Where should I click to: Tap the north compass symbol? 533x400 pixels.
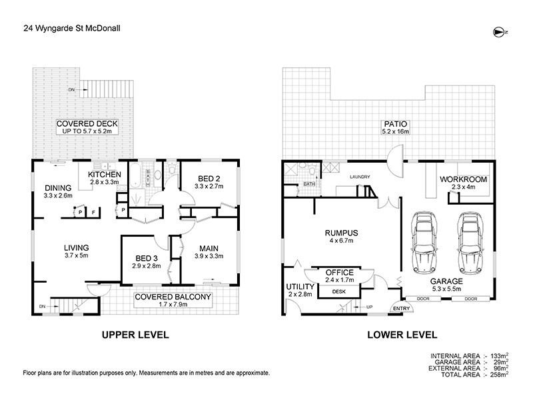coord(499,31)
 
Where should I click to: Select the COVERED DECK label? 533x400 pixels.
coord(83,124)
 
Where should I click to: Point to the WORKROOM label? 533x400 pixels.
coord(464,179)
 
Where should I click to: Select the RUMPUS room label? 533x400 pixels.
coord(342,233)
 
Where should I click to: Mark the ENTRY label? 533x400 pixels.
coord(401,309)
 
